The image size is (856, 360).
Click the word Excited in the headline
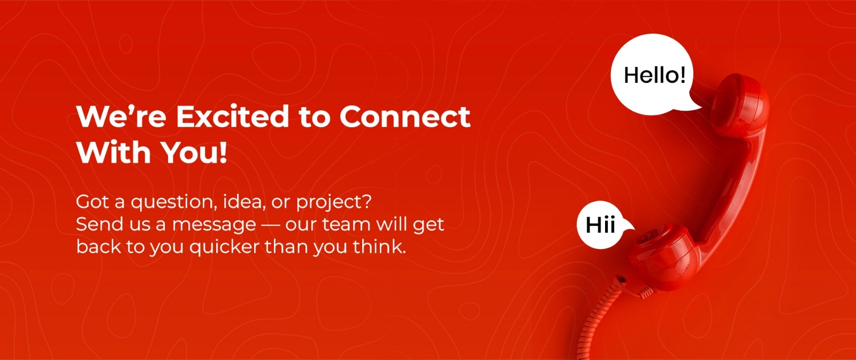(x=232, y=116)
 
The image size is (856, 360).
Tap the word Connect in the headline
(x=404, y=117)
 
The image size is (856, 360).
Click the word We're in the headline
(x=121, y=116)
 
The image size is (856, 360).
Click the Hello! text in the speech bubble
(x=655, y=75)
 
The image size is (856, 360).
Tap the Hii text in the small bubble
(x=600, y=225)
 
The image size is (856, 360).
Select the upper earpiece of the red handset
(x=740, y=104)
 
